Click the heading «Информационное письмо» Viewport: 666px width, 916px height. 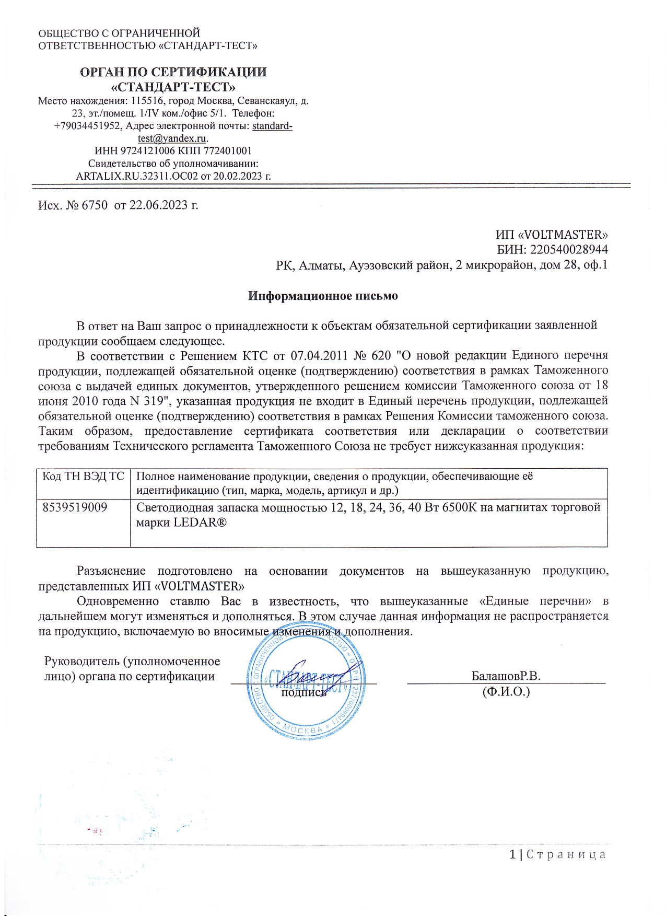tap(322, 296)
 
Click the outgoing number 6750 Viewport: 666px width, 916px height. tap(94, 205)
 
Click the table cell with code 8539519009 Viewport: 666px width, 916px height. tap(75, 507)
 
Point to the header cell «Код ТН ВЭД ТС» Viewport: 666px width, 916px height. tap(83, 477)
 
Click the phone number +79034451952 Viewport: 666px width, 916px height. tap(88, 126)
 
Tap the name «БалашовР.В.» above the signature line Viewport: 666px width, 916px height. tap(506, 676)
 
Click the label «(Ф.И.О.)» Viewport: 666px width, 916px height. tap(506, 692)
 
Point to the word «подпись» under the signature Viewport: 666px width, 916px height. tap(303, 692)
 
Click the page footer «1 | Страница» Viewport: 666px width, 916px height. tap(557, 855)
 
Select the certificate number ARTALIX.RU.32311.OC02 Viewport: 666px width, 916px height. tap(137, 176)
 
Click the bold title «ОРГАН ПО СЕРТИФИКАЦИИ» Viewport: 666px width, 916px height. tap(173, 72)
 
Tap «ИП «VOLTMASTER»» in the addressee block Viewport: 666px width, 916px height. tap(552, 235)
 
